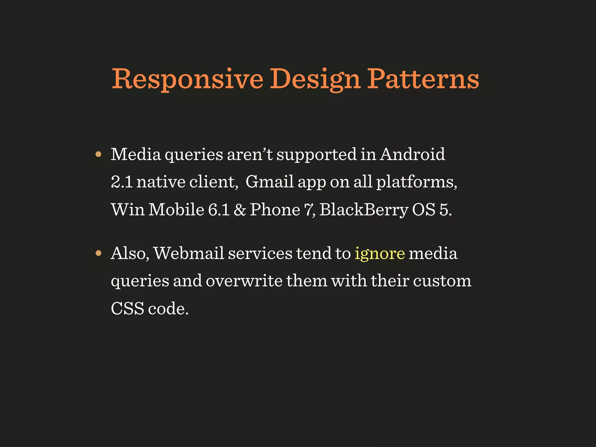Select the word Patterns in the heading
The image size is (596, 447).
tap(423, 79)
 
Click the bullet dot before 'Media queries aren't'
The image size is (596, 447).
tap(98, 154)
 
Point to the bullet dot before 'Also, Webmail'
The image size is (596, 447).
tap(98, 253)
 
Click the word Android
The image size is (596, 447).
tap(412, 154)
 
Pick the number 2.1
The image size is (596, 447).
tap(122, 182)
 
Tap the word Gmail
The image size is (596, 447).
tap(269, 182)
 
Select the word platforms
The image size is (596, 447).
tap(416, 182)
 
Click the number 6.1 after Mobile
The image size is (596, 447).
tap(219, 210)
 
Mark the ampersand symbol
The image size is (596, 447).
tap(240, 210)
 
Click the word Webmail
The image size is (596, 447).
tap(189, 253)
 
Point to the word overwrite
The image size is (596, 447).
tap(244, 281)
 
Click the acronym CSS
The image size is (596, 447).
tap(127, 308)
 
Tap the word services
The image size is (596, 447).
tap(260, 253)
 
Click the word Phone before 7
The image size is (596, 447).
tap(275, 210)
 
